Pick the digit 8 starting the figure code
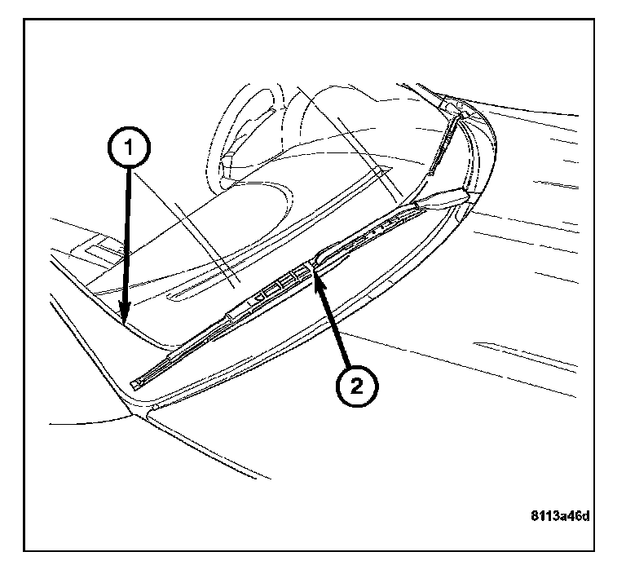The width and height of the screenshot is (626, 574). click(535, 516)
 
